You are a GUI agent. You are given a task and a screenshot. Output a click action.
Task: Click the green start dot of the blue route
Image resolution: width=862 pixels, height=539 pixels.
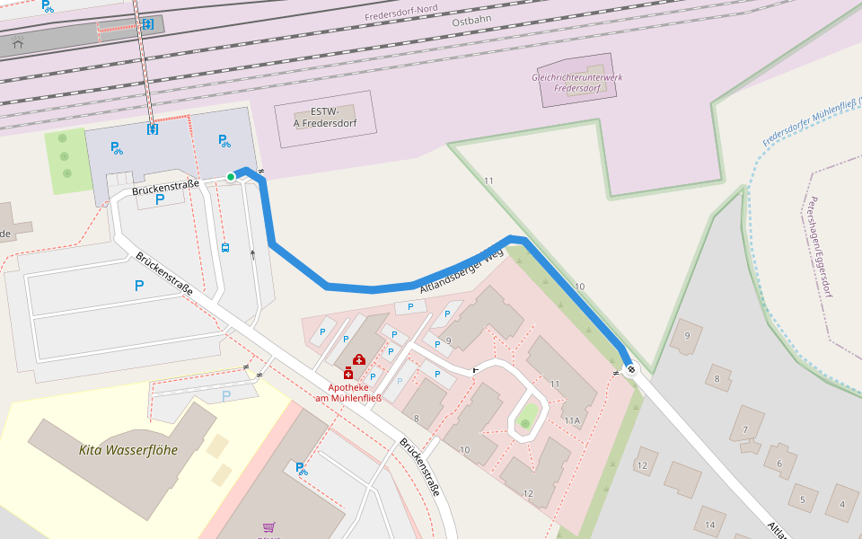[x=231, y=177]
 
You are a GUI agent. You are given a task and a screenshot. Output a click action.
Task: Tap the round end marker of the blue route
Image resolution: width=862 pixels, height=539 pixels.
[x=631, y=368]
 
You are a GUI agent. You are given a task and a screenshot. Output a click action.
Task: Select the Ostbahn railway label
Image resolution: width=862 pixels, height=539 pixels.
[x=473, y=20]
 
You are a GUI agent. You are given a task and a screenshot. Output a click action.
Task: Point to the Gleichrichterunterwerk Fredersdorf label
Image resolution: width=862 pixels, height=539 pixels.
[x=576, y=83]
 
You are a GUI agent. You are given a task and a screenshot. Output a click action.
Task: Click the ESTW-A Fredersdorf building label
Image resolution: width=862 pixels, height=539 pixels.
[x=323, y=118]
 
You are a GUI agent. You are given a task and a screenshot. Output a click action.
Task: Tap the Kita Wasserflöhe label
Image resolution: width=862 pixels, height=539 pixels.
[x=128, y=450]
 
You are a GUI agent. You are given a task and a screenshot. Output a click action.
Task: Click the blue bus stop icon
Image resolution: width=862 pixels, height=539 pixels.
[x=224, y=248]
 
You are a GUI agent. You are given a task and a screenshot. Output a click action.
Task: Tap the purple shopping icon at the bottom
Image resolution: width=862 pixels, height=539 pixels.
[x=268, y=527]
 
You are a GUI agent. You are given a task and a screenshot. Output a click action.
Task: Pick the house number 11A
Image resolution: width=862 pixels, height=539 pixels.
[x=572, y=420]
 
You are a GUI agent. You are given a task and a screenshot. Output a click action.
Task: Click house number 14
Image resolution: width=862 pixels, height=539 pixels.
[x=709, y=524]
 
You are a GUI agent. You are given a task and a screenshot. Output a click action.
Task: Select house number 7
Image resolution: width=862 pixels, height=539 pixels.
[x=745, y=429]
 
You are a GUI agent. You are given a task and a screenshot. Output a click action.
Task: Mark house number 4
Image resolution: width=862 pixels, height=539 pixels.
[x=842, y=504]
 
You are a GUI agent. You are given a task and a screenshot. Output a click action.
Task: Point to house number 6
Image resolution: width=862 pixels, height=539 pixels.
[x=779, y=464]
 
